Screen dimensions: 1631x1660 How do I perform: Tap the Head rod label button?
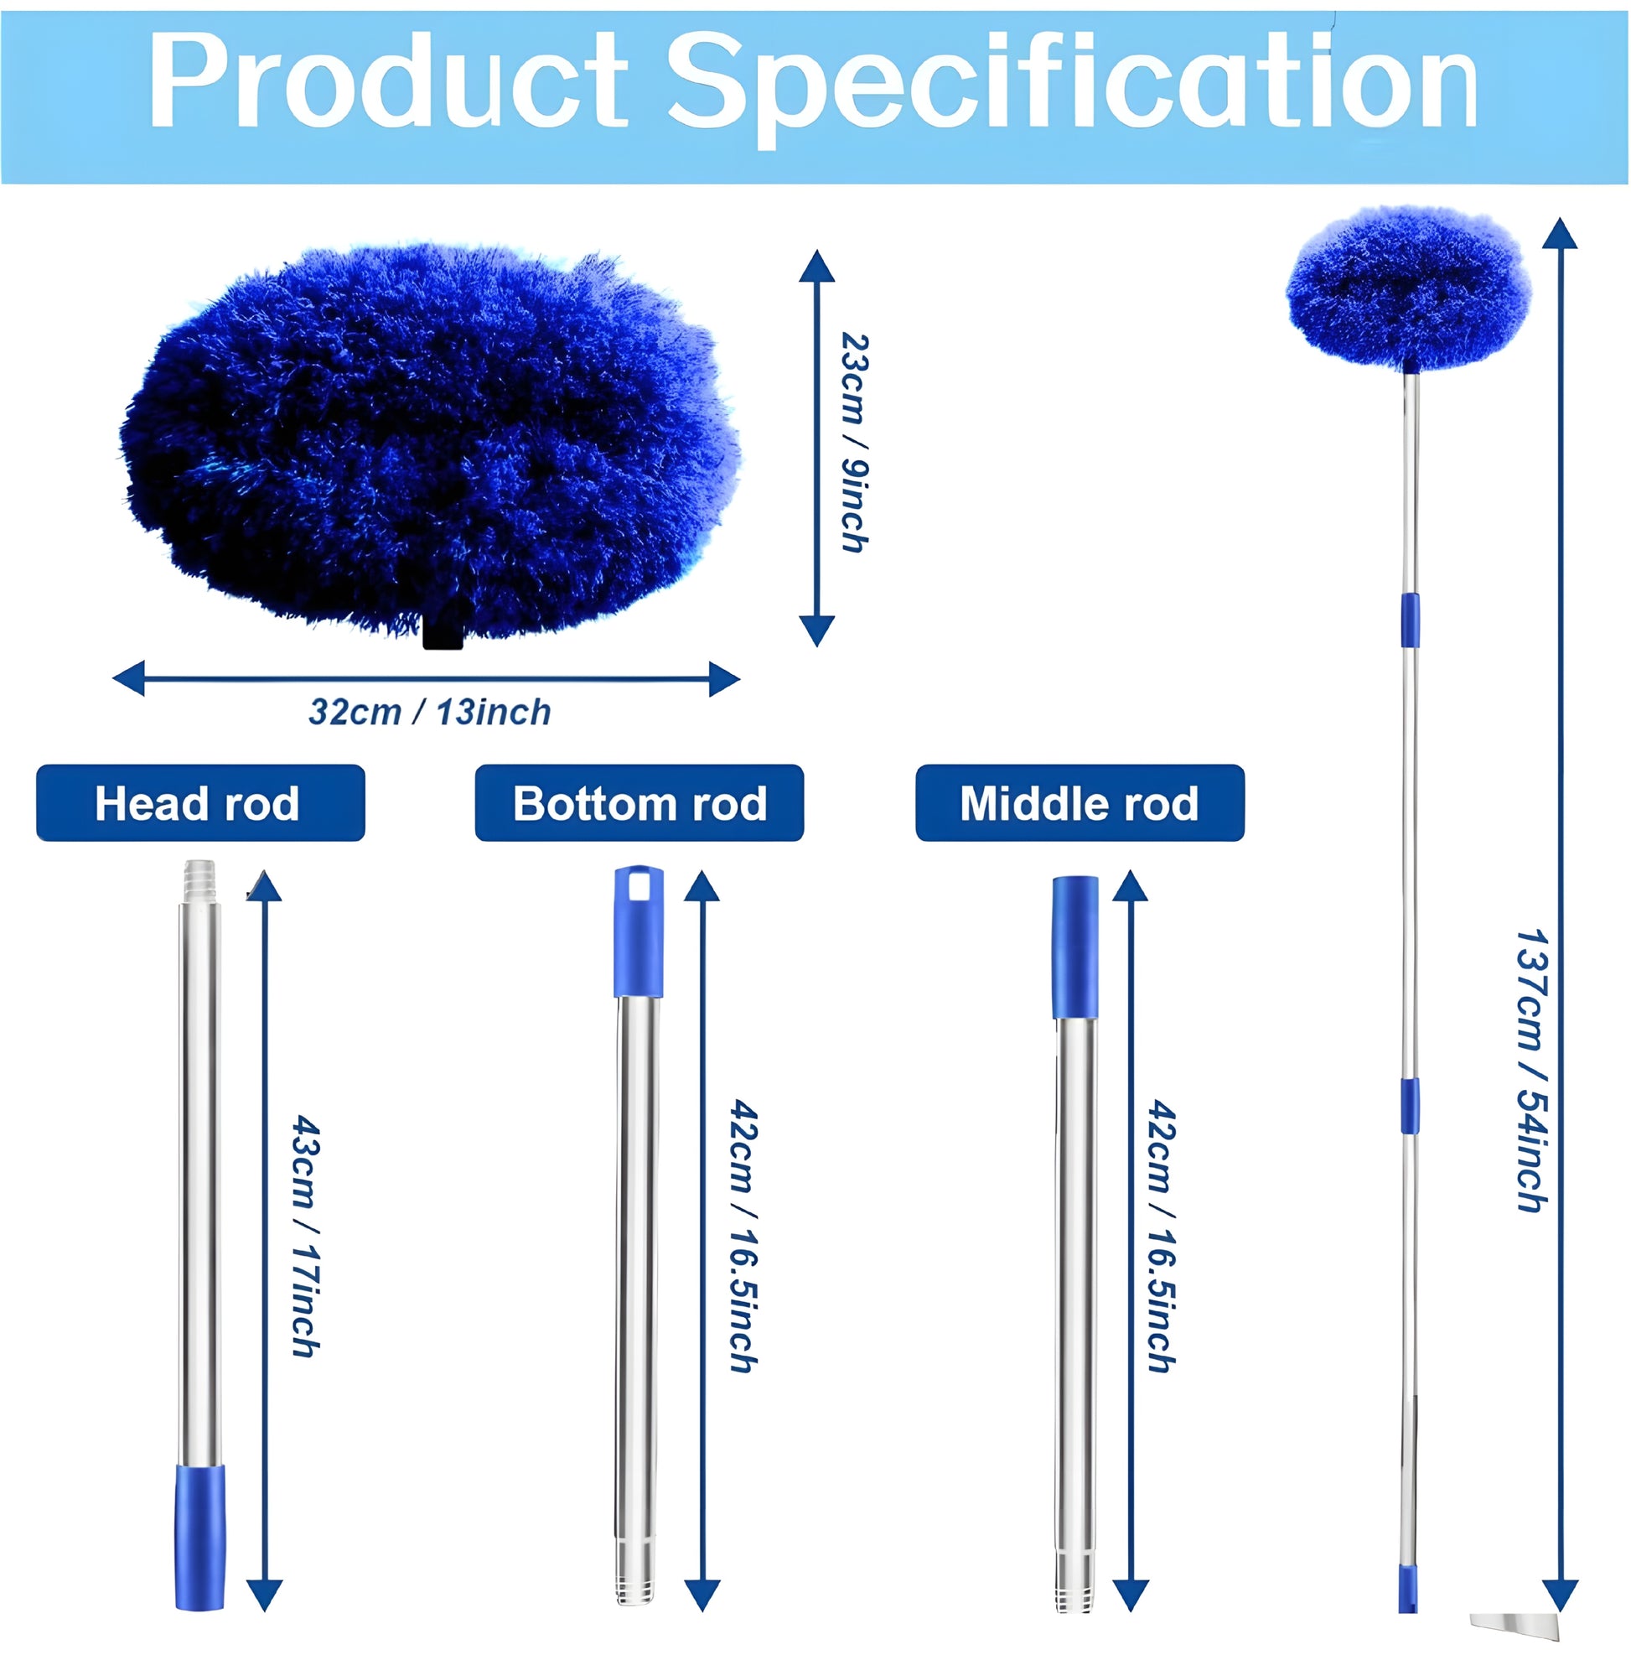(200, 803)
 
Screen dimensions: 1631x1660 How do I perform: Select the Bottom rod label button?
(639, 803)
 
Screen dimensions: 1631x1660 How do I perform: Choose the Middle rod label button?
(1080, 803)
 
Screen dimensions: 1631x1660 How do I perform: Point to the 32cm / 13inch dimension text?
(429, 712)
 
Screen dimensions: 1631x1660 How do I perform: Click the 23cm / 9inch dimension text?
(854, 442)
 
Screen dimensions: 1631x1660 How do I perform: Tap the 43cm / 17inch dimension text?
(306, 1235)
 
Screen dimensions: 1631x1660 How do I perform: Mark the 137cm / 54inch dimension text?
(1531, 1071)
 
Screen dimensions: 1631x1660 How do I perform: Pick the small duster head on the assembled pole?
(1408, 288)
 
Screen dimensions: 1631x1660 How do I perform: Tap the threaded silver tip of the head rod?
(199, 882)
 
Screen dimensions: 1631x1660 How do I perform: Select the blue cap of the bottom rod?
(638, 931)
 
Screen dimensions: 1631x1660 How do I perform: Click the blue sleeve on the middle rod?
(1075, 947)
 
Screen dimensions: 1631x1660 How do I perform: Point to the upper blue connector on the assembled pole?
(1410, 620)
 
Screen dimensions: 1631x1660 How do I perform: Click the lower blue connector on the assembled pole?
(1410, 1107)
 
